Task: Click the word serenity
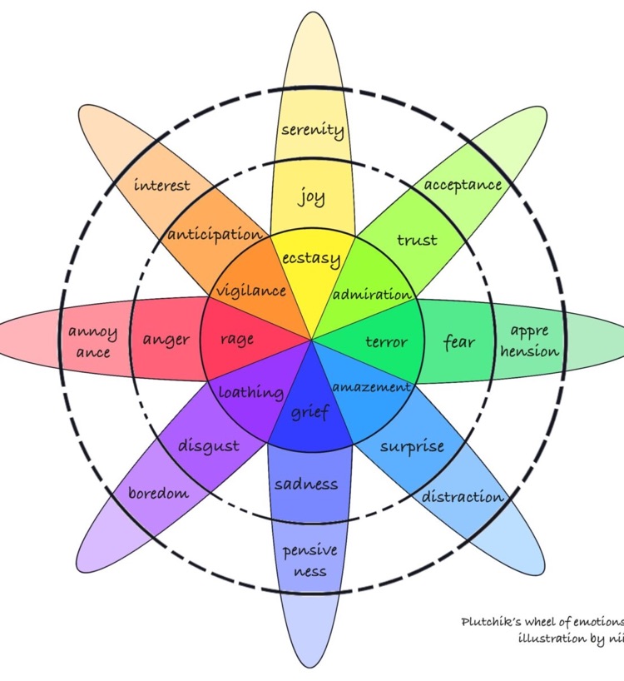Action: coord(312,130)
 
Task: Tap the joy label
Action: coord(312,198)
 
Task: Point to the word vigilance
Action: coord(251,291)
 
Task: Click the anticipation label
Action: coord(214,234)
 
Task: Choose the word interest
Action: coord(161,185)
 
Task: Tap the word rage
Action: coord(237,339)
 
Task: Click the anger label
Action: coord(166,340)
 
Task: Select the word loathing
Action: coord(251,392)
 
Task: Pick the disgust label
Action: coord(208,446)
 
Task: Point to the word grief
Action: coord(311,410)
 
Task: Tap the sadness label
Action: coord(306,484)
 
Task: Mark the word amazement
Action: coord(371,387)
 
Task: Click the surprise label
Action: coord(412,446)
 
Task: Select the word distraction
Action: coord(463,497)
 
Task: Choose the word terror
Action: coord(387,341)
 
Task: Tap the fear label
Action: coord(459,341)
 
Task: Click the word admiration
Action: coord(372,295)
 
